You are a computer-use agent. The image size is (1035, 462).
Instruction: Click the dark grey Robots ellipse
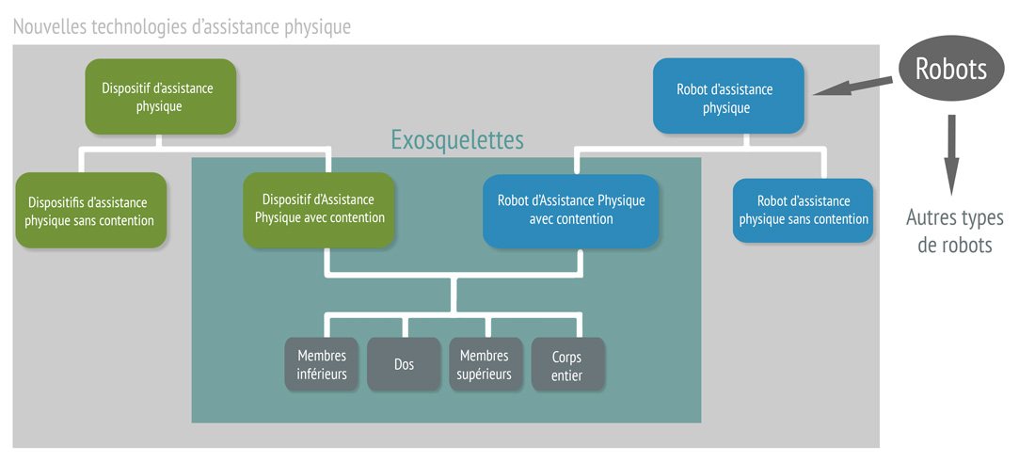click(951, 69)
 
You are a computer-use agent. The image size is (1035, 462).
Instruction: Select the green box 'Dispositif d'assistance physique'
click(159, 97)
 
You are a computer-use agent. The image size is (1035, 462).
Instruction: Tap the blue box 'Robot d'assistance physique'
click(728, 98)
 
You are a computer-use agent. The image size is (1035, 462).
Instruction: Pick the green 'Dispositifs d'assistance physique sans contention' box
click(90, 211)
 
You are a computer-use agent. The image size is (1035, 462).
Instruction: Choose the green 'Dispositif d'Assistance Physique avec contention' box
click(319, 209)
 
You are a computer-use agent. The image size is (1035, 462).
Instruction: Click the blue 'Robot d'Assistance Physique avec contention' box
click(570, 210)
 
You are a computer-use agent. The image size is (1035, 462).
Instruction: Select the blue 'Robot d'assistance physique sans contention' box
click(803, 210)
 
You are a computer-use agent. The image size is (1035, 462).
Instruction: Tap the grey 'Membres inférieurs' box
click(322, 364)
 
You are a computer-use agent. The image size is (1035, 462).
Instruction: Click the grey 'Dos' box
click(405, 364)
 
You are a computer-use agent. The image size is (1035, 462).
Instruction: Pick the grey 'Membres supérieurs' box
click(485, 364)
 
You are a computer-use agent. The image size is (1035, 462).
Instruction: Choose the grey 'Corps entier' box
click(567, 364)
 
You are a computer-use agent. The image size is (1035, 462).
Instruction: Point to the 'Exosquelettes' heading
click(457, 141)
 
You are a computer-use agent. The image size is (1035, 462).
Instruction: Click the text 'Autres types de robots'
click(954, 231)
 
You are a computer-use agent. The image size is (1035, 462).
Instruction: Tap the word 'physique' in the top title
click(317, 26)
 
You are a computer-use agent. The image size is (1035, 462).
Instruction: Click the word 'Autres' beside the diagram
click(931, 218)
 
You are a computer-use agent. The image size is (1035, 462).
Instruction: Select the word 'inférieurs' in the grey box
click(322, 374)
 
